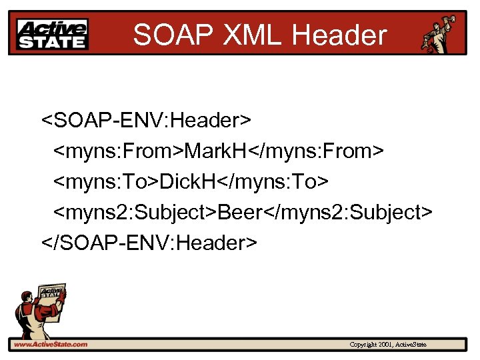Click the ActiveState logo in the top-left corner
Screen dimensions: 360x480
click(52, 33)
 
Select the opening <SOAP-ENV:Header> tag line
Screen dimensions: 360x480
click(147, 121)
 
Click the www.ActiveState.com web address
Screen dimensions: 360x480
click(50, 345)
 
